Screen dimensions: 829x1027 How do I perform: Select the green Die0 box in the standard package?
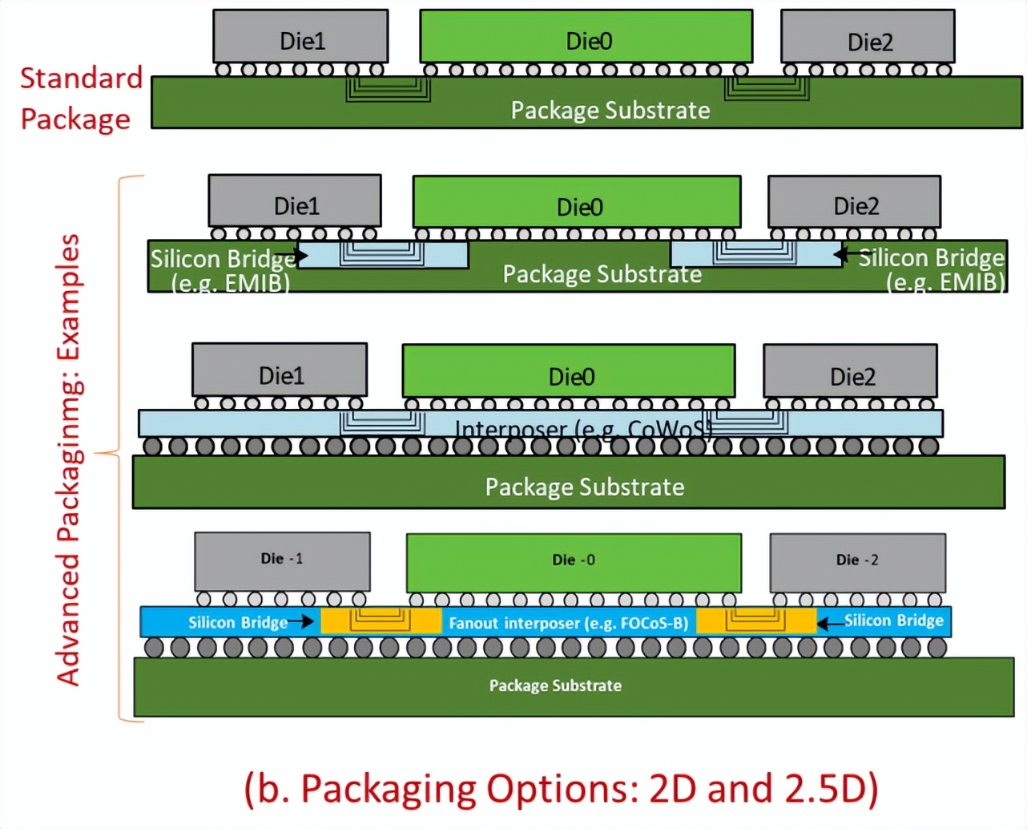coord(586,37)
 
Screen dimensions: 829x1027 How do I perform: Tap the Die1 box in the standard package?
coord(300,37)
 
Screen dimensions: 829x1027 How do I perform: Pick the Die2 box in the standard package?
coord(868,37)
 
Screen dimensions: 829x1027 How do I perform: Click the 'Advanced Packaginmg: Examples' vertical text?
coord(69,459)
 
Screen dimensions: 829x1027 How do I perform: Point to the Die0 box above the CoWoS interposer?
coord(568,371)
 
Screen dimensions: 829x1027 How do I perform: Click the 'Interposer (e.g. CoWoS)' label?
coord(582,429)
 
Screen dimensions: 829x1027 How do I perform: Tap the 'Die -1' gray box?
coord(282,562)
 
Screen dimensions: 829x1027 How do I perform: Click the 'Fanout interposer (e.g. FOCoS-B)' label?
coord(568,623)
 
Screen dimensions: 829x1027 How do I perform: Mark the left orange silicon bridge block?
coord(381,621)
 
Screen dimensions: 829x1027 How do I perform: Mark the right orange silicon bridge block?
coord(756,621)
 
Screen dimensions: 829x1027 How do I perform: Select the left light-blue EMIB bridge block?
coord(383,255)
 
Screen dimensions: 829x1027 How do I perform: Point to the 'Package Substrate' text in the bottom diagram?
coord(555,685)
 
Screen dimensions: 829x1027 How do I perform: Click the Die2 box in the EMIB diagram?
coord(854,202)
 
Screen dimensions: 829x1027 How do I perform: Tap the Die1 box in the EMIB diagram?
coord(295,202)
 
